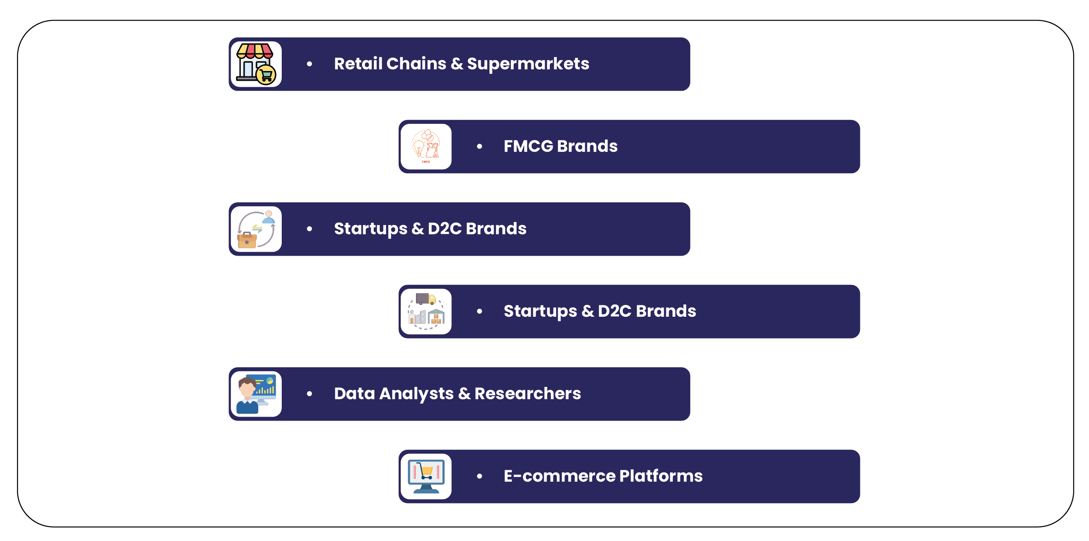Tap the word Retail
coord(358,64)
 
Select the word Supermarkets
coord(528,64)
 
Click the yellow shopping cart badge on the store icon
coord(266,75)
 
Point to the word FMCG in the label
coord(528,146)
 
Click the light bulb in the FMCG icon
coord(419,147)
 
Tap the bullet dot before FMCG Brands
coord(479,147)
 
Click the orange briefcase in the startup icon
coord(247,240)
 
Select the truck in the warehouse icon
coord(425,299)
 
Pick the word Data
coord(354,394)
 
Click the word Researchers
coord(527,394)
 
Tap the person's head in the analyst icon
coord(247,387)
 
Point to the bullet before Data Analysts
coord(310,394)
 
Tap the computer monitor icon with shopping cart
coord(426,476)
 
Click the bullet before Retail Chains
coord(310,64)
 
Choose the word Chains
coord(416,64)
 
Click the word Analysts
coord(416,394)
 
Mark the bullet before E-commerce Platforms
coord(479,476)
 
